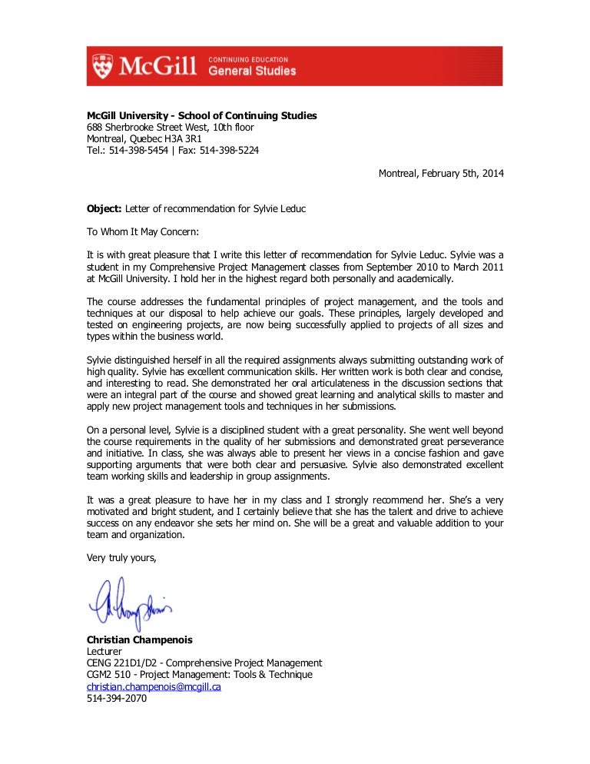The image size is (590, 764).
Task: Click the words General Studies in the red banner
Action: coord(251,71)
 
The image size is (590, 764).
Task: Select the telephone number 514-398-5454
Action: coord(138,151)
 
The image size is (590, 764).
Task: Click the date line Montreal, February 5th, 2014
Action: coord(441,174)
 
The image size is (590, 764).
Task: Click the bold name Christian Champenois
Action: coord(138,639)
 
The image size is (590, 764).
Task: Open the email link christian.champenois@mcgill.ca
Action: coord(154,686)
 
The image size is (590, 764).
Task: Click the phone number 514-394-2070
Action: coord(116,699)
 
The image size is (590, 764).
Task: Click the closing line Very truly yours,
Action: coord(121,557)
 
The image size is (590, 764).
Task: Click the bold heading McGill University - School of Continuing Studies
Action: coord(201,115)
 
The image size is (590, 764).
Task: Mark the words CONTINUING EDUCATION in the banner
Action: coord(249,58)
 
